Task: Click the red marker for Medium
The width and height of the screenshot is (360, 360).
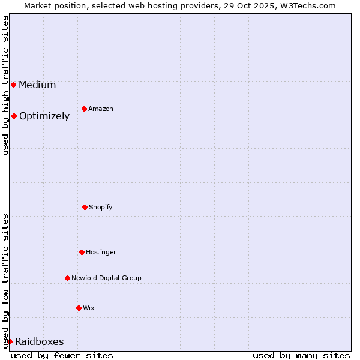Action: point(13,85)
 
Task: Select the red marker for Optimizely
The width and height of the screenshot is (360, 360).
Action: point(14,116)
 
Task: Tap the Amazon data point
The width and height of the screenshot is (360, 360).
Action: point(84,109)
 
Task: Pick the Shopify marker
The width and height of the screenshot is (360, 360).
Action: point(85,207)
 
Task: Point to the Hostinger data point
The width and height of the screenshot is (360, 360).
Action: point(82,252)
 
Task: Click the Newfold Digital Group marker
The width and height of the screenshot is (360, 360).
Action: point(67,278)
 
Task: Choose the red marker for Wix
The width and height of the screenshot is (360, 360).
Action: point(79,308)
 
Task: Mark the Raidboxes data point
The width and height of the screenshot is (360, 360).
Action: point(10,341)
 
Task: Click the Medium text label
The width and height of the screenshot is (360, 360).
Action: point(37,85)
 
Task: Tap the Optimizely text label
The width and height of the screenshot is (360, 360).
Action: point(44,116)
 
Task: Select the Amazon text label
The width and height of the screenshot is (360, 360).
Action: point(101,109)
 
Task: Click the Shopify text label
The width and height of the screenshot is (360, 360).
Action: point(101,207)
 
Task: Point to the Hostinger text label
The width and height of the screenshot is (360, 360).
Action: point(101,252)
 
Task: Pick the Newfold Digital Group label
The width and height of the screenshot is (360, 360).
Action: point(106,278)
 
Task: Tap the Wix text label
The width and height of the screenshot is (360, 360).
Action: point(89,308)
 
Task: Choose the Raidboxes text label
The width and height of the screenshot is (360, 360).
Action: point(39,341)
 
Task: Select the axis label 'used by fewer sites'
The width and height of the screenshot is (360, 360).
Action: point(62,355)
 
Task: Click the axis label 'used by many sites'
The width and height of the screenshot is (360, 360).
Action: point(301,355)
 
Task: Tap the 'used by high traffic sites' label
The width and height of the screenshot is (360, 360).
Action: point(5,85)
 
